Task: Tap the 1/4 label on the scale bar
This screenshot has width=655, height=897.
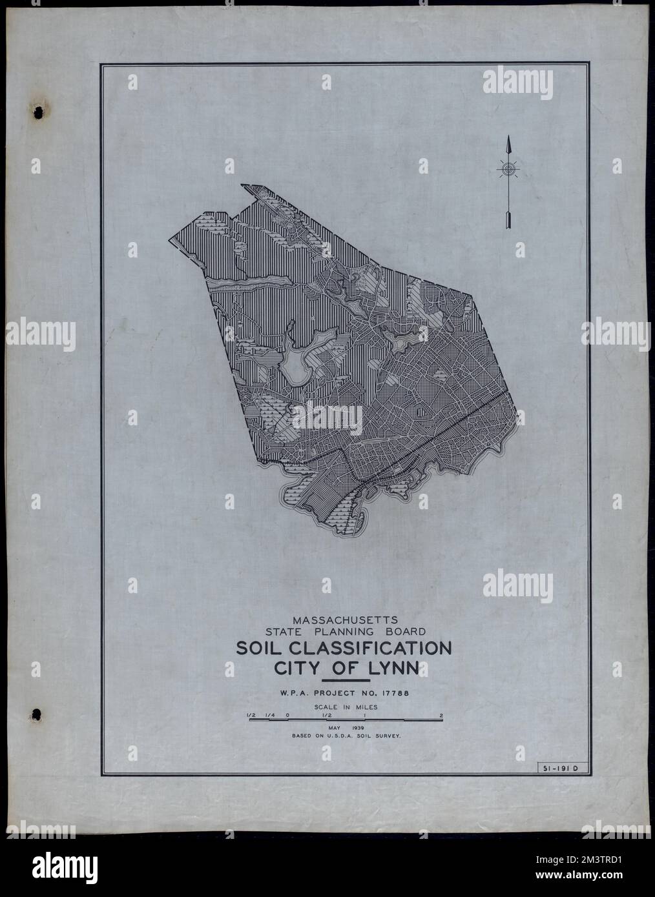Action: (269, 716)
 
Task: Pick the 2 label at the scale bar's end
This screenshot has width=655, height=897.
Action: (441, 716)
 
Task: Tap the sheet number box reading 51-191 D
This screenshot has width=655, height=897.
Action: (560, 768)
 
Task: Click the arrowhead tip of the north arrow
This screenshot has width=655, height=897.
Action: (508, 139)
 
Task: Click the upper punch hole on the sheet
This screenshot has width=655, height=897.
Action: (38, 112)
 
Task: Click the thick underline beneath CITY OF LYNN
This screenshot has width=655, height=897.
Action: (345, 680)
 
